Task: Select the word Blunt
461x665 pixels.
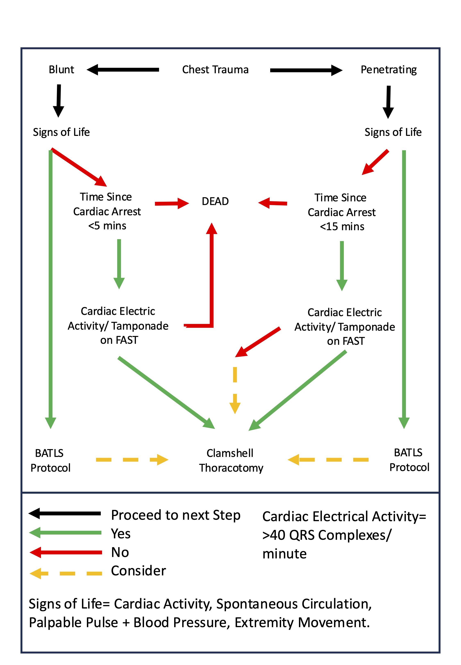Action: point(61,70)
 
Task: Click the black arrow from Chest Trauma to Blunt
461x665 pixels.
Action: point(123,70)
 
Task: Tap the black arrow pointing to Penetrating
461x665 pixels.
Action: point(306,70)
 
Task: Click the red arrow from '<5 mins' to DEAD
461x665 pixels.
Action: point(172,203)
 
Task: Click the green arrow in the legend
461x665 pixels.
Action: point(65,533)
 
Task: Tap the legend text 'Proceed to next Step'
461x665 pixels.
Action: point(176,515)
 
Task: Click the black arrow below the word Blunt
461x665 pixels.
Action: point(59,101)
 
